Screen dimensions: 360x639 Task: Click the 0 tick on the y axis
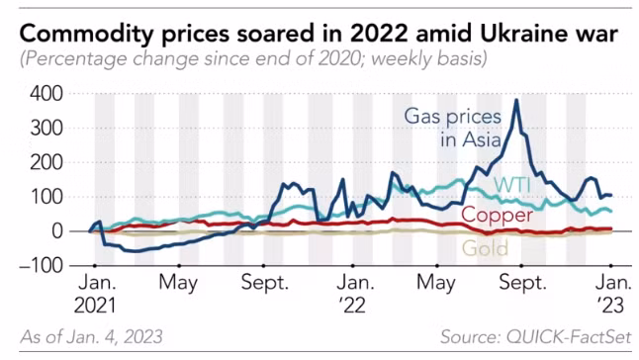(57, 231)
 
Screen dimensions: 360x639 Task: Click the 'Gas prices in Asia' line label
(449, 128)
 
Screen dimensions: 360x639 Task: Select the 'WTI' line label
(514, 185)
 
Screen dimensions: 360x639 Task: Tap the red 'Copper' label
(498, 216)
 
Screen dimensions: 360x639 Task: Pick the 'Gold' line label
(484, 248)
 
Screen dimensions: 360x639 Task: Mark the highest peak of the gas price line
(516, 100)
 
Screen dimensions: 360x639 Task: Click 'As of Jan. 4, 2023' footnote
(91, 337)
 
